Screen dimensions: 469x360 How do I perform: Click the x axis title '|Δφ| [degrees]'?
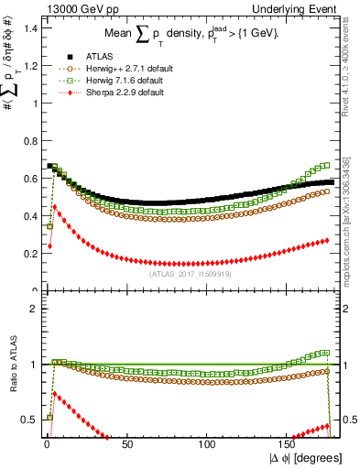[307, 459]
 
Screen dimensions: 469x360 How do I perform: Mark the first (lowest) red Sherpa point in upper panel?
[49, 245]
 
